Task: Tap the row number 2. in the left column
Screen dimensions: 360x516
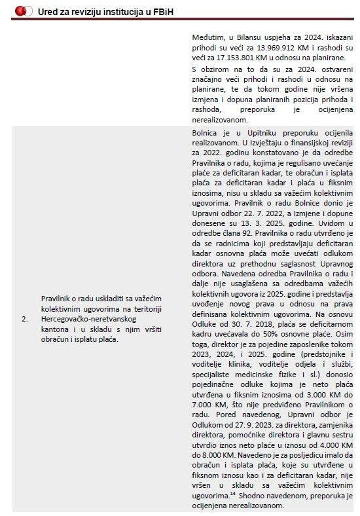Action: point(24,319)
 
